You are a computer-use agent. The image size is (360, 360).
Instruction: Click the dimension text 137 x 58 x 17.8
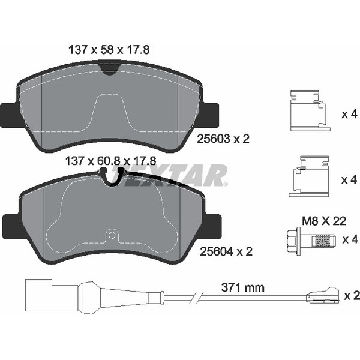pos(109,50)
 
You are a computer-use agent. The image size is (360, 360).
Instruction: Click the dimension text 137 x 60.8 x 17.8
pos(110,161)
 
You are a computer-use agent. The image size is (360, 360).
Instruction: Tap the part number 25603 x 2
pos(223,139)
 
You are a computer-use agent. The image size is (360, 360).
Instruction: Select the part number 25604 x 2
pos(226,251)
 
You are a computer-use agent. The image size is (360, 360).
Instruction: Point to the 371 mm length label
pos(242,287)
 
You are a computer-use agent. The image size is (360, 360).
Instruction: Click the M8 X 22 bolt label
pos(324,221)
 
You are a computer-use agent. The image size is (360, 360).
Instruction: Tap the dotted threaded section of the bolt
pos(324,241)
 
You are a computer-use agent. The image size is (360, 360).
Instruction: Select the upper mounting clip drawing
pos(310,110)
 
